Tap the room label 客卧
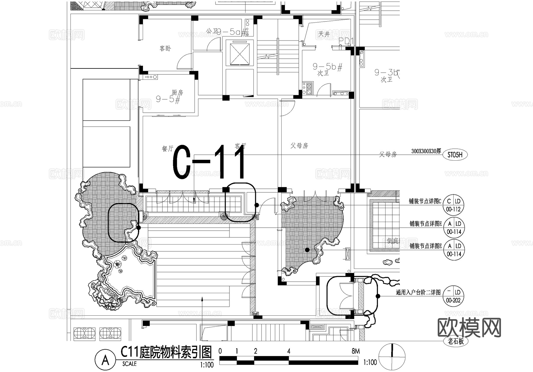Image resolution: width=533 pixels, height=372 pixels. (165, 48)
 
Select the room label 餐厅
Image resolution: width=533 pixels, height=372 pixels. (167, 149)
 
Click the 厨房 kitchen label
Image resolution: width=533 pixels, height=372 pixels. (177, 92)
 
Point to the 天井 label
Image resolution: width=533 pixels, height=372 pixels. (324, 34)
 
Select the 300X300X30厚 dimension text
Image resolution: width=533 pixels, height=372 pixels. (426, 151)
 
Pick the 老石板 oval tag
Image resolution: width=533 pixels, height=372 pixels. (456, 341)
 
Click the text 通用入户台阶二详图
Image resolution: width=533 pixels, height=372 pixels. (418, 293)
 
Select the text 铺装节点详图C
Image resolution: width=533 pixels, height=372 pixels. (425, 202)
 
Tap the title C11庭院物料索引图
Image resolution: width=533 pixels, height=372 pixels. (166, 352)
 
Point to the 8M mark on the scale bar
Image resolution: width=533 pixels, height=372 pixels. (356, 351)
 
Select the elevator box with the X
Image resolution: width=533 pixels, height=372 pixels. (238, 53)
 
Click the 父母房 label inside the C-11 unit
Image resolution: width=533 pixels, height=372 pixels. (299, 146)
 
